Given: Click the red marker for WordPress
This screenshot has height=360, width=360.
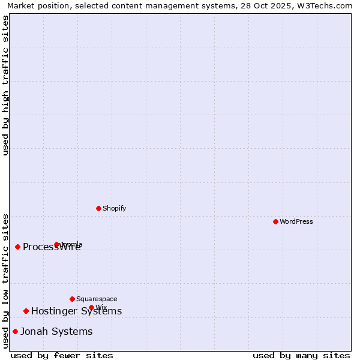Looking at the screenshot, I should click(x=275, y=221).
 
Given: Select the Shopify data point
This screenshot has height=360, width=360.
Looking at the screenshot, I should click(x=98, y=208).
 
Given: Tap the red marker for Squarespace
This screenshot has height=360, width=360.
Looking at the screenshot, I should click(x=72, y=299).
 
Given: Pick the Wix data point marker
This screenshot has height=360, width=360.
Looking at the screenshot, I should click(x=91, y=307).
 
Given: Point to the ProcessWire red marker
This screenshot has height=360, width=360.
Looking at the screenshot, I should click(x=17, y=247).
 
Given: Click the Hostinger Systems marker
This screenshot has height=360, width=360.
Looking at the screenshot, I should click(x=26, y=311).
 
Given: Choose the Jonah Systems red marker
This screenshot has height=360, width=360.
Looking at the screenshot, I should click(x=15, y=331).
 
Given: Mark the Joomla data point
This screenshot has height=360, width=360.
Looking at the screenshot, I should click(x=56, y=244).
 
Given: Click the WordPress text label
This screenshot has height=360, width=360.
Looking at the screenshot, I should click(x=296, y=221).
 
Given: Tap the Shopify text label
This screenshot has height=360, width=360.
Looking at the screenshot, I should click(x=115, y=208).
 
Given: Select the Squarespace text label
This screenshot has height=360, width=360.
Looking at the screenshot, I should click(x=97, y=299).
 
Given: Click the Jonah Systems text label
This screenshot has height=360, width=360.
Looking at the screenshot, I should click(x=56, y=331).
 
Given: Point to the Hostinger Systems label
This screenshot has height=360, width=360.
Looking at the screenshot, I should click(x=77, y=311).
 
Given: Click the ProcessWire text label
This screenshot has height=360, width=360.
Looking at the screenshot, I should click(x=52, y=247).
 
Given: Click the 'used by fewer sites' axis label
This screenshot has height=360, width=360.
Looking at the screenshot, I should click(x=62, y=355).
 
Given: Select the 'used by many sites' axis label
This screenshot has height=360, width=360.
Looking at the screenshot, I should click(x=301, y=355).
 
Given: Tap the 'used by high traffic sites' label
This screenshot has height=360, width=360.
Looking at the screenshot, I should click(x=5, y=85).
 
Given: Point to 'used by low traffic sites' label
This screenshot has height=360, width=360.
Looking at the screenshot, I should click(x=5, y=281).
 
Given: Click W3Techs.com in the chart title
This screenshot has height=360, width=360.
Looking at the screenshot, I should click(x=329, y=5).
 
